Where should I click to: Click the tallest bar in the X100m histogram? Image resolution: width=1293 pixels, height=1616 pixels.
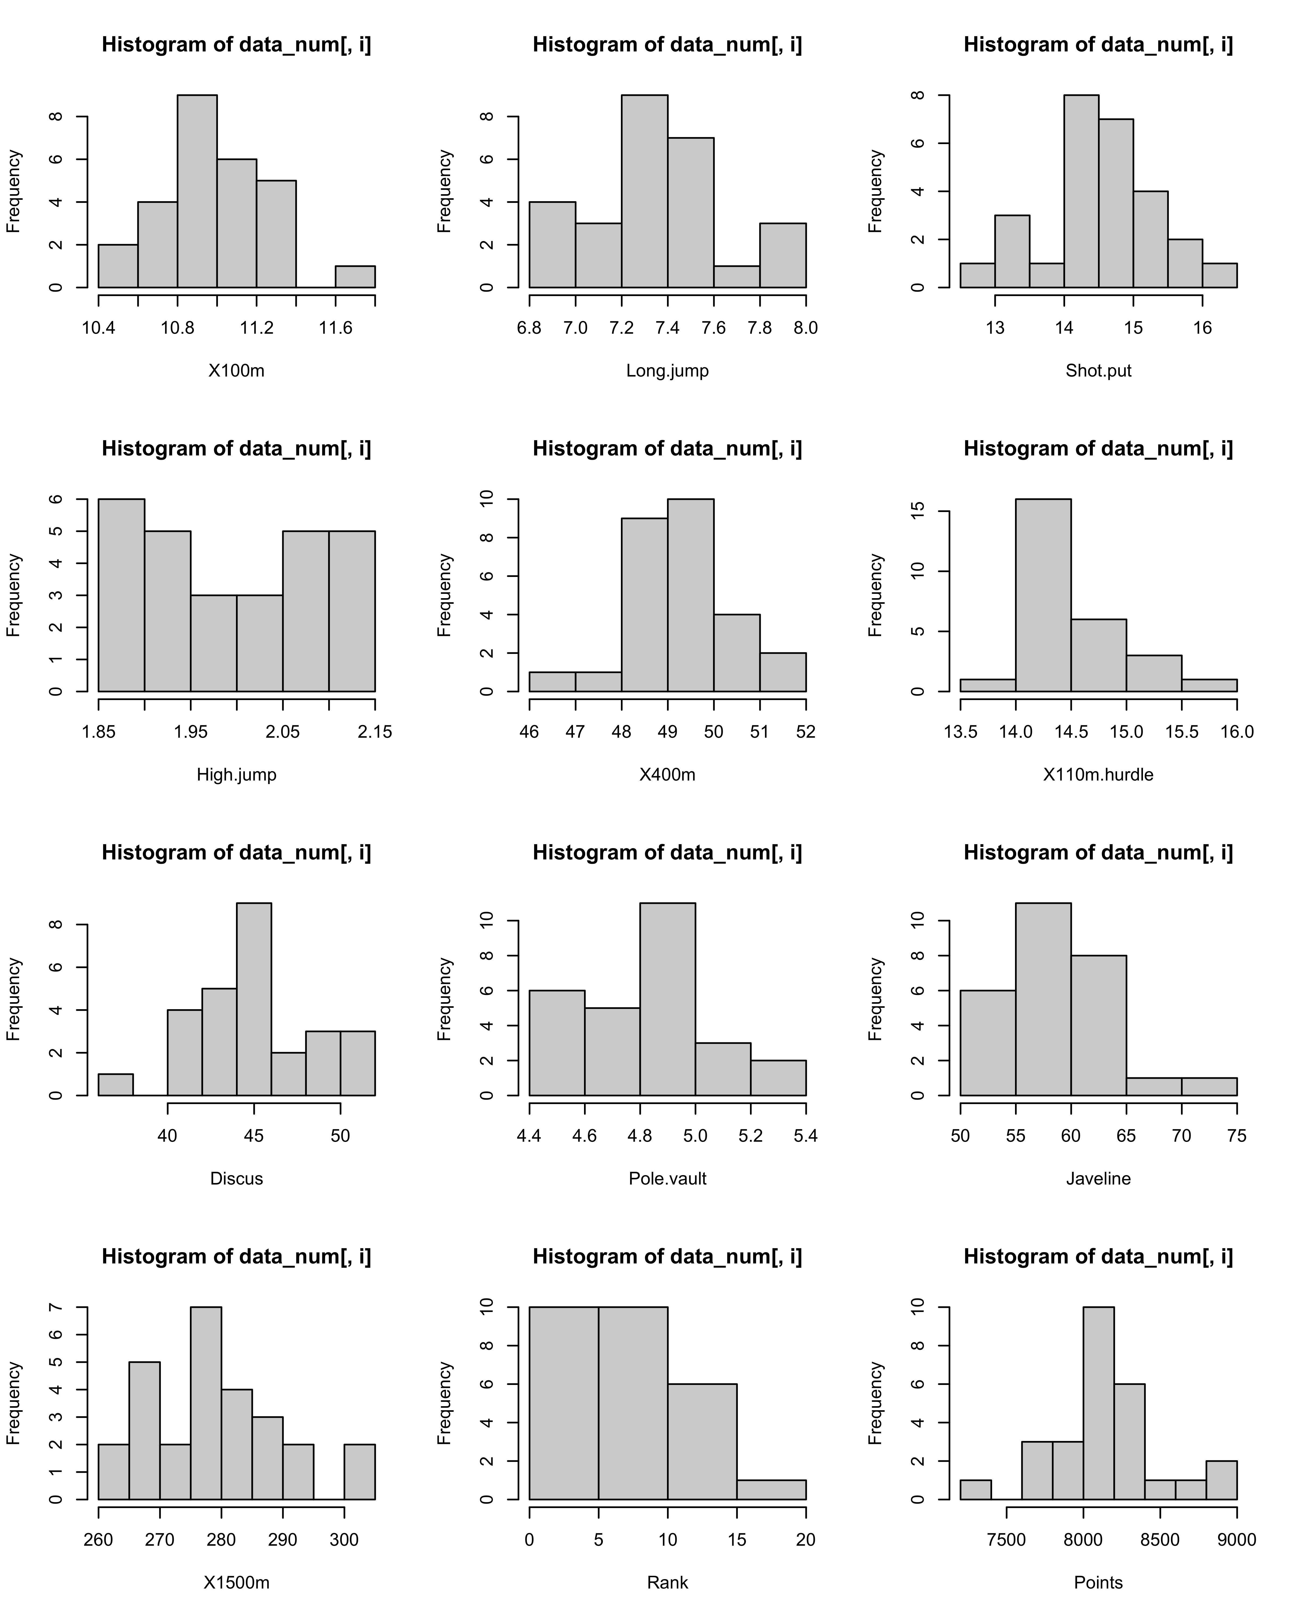point(197,191)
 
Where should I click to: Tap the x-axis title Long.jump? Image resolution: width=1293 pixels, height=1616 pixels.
point(667,370)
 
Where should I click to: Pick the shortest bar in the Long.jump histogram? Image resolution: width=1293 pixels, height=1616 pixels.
point(737,277)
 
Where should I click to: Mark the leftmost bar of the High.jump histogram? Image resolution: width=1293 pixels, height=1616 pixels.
point(121,595)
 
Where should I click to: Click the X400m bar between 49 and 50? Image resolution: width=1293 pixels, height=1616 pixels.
point(690,595)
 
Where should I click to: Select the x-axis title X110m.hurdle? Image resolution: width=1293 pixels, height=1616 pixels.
point(1098,774)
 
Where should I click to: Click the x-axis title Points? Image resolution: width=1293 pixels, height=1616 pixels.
point(1098,1582)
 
